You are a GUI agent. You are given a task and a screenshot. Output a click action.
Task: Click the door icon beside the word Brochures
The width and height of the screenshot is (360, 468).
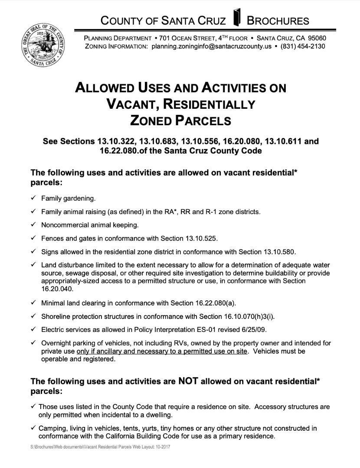(237, 18)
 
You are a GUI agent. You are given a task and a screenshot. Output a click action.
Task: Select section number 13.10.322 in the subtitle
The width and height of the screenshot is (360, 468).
(117, 141)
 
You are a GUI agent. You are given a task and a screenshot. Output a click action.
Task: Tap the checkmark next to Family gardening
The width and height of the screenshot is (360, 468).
(33, 198)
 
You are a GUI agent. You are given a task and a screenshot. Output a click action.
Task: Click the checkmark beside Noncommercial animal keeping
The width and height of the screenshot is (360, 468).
(33, 225)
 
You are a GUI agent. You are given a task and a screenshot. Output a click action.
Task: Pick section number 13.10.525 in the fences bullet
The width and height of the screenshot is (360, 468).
(199, 238)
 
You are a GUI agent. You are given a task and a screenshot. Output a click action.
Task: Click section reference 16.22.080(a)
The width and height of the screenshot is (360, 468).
(210, 302)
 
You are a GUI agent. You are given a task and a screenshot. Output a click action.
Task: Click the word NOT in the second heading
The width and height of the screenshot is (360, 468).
(188, 381)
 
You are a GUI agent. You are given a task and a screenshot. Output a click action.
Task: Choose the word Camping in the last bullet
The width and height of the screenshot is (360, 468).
(52, 428)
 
